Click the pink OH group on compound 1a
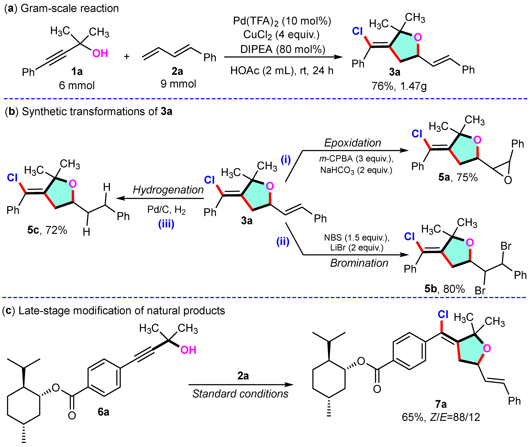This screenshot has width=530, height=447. pyautogui.click(x=100, y=54)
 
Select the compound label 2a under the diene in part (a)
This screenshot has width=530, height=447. pyautogui.click(x=177, y=71)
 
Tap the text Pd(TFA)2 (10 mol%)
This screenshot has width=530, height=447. pyautogui.click(x=282, y=21)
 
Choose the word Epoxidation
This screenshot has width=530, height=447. pyautogui.click(x=352, y=143)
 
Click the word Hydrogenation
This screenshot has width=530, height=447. pyautogui.click(x=168, y=190)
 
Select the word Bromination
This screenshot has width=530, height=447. pyautogui.click(x=359, y=263)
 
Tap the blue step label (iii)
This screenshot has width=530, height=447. pyautogui.click(x=166, y=224)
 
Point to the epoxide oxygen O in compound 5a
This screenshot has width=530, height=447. pyautogui.click(x=508, y=180)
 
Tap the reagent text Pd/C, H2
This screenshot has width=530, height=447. pyautogui.click(x=166, y=210)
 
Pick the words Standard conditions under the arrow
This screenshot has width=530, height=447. pyautogui.click(x=240, y=394)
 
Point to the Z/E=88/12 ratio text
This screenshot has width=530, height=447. pyautogui.click(x=455, y=417)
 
